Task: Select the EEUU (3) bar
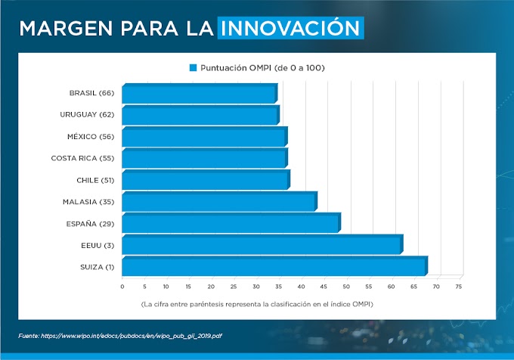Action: tap(262, 245)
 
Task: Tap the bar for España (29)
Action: tap(231, 224)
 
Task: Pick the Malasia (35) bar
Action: tap(218, 202)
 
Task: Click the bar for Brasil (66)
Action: tap(199, 94)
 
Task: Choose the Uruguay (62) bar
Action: tap(200, 116)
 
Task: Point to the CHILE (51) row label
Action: tap(94, 180)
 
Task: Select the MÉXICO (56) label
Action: tap(90, 137)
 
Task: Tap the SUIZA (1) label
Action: tap(97, 267)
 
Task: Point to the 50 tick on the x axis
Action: tap(346, 287)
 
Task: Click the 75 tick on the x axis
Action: tap(458, 287)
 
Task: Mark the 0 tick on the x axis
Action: tap(122, 287)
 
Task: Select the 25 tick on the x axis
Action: tap(234, 287)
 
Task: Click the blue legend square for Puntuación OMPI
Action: tap(193, 67)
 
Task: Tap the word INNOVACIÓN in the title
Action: tap(290, 28)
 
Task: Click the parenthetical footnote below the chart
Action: tap(257, 304)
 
